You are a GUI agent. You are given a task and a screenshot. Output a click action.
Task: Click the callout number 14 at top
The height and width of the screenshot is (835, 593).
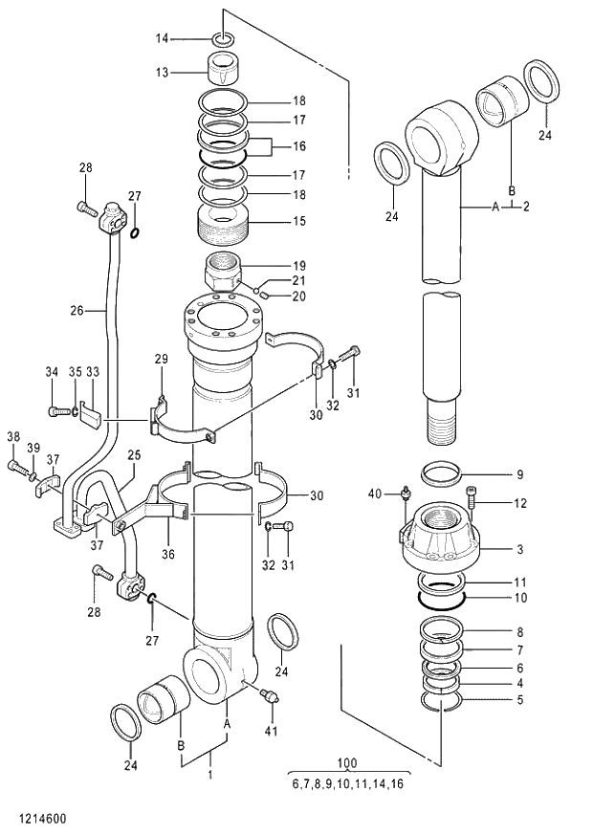pos(162,38)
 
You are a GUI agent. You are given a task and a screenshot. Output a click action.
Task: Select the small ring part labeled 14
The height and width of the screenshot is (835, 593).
pos(223,39)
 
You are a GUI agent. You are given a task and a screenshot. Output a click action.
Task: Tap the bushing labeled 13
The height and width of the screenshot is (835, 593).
pos(226,70)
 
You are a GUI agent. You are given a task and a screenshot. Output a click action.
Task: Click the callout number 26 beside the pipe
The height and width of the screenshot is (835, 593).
pos(77,310)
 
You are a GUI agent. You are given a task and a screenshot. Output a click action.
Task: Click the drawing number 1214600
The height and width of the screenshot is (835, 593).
pos(36,819)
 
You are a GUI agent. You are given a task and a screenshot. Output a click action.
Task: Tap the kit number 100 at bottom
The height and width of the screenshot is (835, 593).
pos(347,762)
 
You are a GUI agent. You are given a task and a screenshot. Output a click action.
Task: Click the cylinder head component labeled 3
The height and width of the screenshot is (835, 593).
pos(439,542)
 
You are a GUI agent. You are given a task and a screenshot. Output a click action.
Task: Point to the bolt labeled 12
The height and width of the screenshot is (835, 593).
pos(470,503)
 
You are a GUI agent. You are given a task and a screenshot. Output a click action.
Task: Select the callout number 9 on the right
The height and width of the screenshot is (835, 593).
pos(520,473)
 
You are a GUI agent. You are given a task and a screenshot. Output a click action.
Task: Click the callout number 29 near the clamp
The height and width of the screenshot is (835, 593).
pos(161,359)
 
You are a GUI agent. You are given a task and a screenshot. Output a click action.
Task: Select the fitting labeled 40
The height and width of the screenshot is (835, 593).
pos(405,495)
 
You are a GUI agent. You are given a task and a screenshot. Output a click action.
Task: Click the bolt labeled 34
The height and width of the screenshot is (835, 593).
pos(55,411)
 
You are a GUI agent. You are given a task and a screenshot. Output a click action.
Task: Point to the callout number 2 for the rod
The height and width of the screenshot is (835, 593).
pos(525,206)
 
